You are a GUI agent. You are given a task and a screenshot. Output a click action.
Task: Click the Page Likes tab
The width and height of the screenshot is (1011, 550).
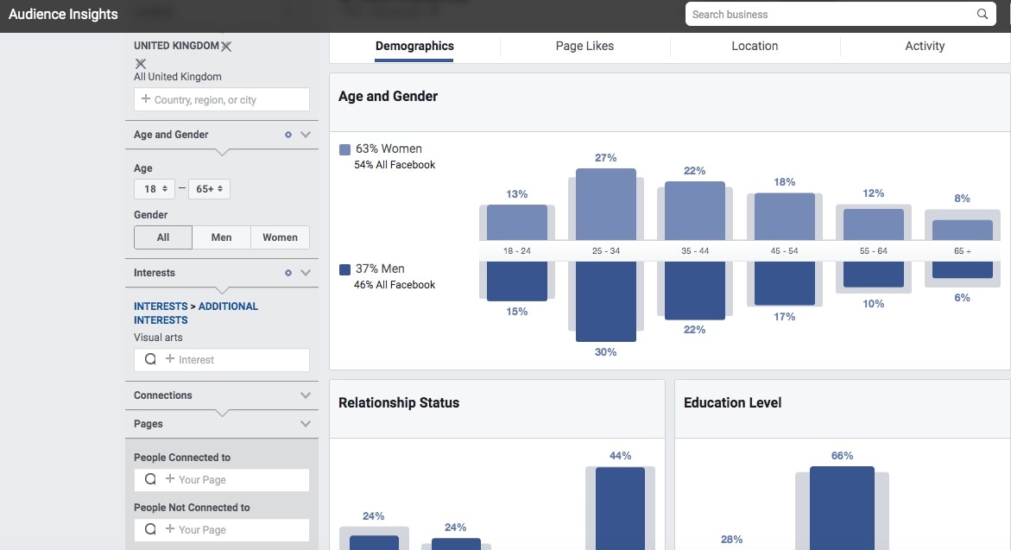[x=584, y=47]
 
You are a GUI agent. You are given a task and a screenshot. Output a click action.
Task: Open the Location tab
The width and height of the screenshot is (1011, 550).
[x=755, y=47]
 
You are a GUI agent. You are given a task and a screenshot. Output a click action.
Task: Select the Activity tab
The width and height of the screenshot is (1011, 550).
[x=925, y=47]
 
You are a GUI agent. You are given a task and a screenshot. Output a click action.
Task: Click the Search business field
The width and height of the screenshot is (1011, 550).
[x=829, y=15]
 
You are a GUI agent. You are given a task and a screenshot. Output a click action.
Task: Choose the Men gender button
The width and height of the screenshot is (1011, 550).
[x=221, y=237]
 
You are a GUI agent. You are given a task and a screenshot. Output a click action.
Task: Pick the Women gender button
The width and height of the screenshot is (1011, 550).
[x=280, y=237]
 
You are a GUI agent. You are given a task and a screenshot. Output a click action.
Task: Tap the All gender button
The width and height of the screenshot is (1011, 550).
[x=163, y=237]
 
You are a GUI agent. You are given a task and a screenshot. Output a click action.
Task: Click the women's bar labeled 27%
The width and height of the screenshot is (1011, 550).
[x=605, y=204]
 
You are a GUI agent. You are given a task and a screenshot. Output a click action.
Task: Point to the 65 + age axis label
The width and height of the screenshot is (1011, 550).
[x=962, y=251]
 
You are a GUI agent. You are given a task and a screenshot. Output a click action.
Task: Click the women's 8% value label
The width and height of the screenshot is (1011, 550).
[x=962, y=199]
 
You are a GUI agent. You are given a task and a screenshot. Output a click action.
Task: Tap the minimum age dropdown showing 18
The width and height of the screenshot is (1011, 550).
[x=155, y=189]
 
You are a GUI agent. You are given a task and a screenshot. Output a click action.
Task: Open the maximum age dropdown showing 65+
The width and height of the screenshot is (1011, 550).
[x=209, y=189]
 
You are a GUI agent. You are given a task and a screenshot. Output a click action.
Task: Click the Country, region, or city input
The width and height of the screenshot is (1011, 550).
[x=222, y=100]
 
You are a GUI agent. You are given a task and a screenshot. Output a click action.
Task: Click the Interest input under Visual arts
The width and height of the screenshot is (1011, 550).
[x=222, y=360]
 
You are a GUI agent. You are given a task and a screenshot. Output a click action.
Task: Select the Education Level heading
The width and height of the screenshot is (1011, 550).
[x=732, y=403]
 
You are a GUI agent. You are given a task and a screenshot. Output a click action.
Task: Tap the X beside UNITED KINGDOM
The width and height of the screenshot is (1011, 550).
[x=226, y=46]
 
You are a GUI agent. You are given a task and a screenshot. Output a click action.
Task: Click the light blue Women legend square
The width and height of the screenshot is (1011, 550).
[x=345, y=149]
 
